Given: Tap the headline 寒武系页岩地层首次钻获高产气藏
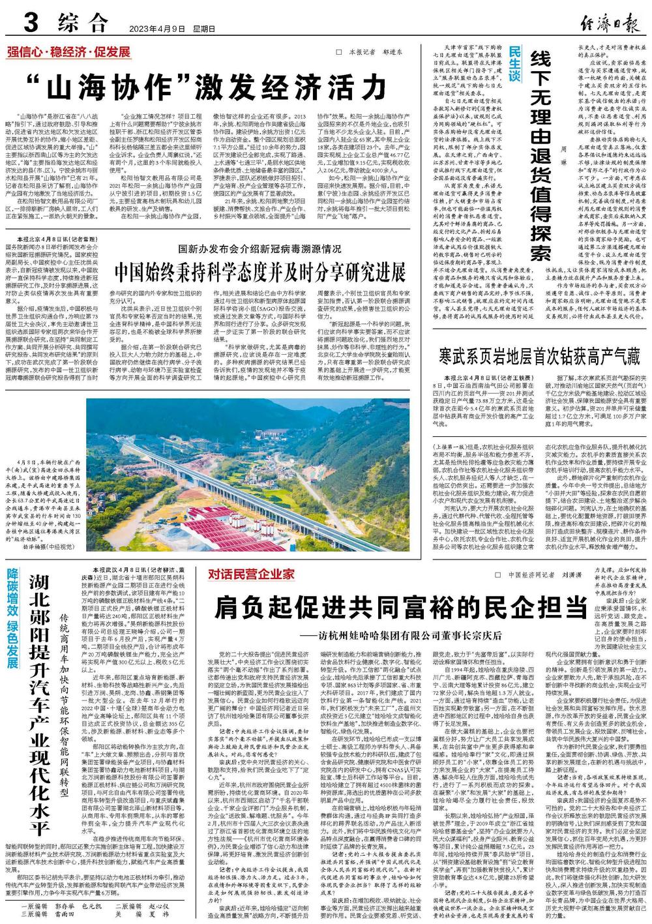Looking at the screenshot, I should click(x=540, y=356).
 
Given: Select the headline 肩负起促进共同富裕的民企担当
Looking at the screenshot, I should click(x=401, y=607).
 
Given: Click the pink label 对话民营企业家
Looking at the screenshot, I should click(x=252, y=574).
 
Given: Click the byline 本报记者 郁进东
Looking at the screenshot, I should click(x=380, y=52).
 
